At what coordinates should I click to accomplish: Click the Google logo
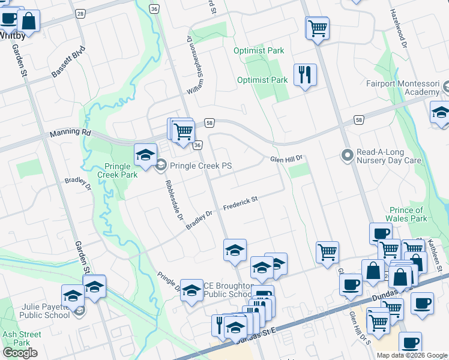[20, 353]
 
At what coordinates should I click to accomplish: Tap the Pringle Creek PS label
[200, 166]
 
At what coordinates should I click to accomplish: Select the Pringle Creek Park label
[118, 170]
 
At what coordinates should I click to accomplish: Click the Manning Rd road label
[70, 133]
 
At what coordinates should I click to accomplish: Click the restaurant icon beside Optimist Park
[305, 75]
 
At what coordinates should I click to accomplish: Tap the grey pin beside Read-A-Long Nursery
[346, 156]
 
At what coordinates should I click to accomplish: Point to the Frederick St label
[240, 204]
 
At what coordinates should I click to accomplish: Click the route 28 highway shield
[80, 13]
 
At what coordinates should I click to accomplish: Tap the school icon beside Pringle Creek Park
[145, 155]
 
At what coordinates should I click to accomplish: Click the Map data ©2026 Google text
[412, 355]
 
